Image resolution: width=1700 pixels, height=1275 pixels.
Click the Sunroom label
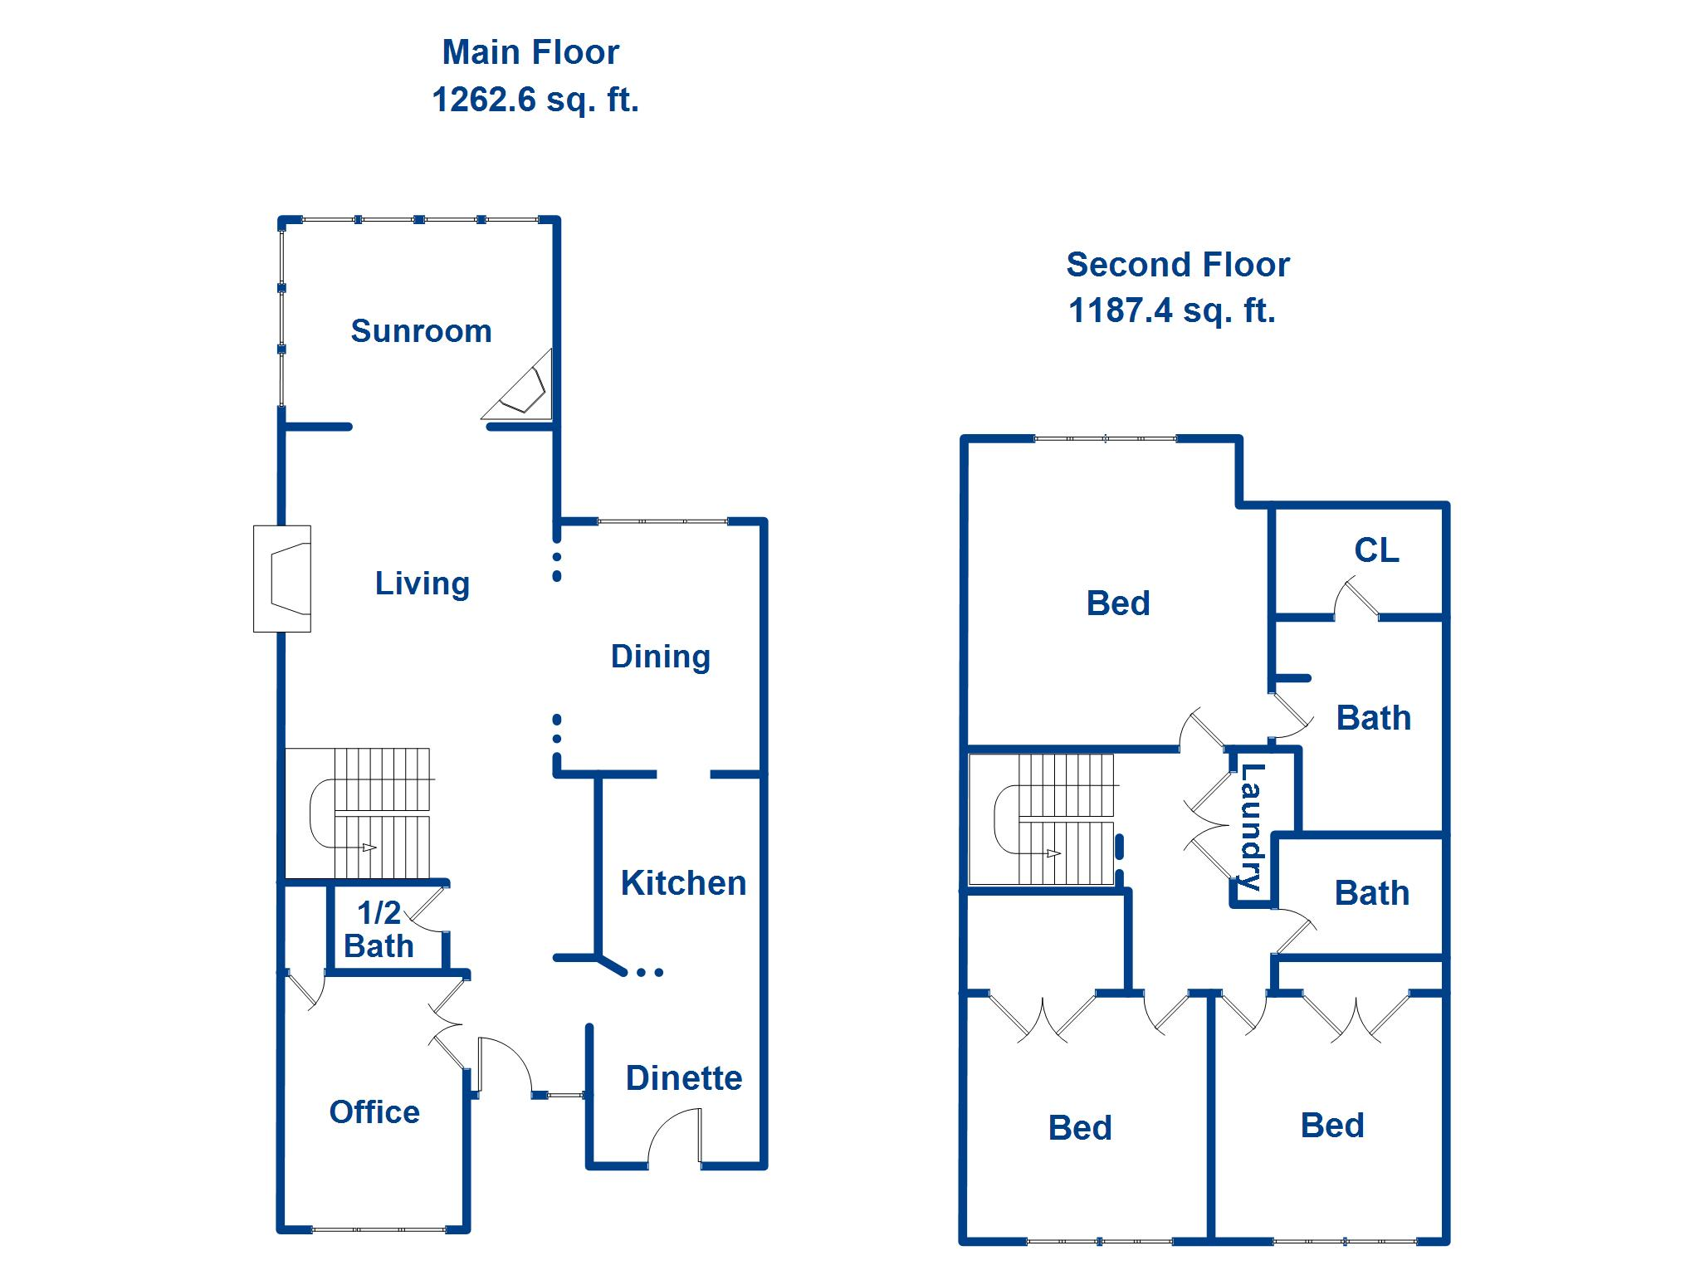[x=421, y=331]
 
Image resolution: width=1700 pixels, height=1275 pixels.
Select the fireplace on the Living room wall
[x=283, y=579]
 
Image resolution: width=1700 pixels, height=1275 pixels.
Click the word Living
[x=422, y=584]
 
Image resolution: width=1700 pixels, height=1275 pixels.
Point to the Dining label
[x=660, y=657]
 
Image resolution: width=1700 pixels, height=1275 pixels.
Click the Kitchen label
[x=683, y=883]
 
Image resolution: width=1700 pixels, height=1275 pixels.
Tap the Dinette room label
[x=683, y=1078]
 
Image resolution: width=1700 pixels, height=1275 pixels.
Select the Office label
[x=374, y=1112]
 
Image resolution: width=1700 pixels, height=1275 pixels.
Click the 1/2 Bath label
[x=379, y=930]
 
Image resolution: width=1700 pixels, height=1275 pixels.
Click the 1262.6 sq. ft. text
[x=535, y=100]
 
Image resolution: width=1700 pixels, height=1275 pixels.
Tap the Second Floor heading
[x=1177, y=265]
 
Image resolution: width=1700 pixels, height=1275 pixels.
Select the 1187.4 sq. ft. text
[x=1171, y=310]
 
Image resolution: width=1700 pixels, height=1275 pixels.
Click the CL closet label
[x=1376, y=550]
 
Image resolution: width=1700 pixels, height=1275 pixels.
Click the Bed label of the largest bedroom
[x=1117, y=603]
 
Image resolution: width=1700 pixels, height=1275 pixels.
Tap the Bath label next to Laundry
[x=1371, y=894]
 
